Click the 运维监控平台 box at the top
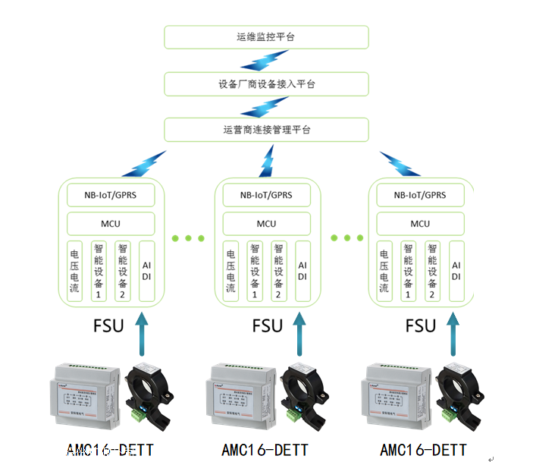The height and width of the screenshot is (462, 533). (266, 37)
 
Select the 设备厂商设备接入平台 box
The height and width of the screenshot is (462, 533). (266, 83)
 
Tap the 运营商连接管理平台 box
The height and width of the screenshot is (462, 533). (266, 130)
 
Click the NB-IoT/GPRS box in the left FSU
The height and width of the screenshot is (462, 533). (111, 195)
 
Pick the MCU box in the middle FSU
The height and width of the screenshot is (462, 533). (266, 224)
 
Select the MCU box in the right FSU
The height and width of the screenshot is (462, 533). (420, 224)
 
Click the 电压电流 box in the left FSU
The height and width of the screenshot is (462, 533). (74, 271)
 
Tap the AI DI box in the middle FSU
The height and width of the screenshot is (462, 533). (302, 271)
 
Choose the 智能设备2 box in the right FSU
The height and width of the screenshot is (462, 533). (433, 271)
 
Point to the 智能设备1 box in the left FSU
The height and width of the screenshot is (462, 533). (99, 271)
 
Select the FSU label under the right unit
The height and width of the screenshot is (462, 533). (421, 326)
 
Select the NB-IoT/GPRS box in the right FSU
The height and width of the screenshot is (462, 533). (420, 195)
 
